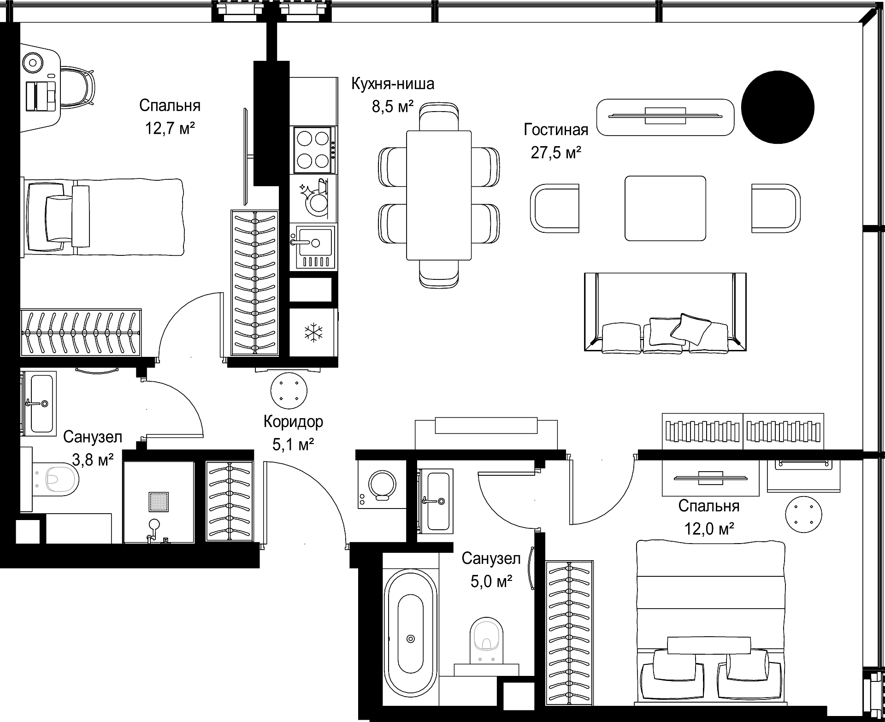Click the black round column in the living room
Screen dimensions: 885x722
[x=778, y=107]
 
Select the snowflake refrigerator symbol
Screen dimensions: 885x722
[x=313, y=332]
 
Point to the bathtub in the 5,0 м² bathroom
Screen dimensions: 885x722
[x=411, y=639]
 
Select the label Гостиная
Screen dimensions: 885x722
[x=556, y=130]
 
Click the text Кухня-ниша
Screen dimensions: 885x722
[x=393, y=84]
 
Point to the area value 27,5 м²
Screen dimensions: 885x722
[x=556, y=152]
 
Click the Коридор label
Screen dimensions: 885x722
[x=294, y=421]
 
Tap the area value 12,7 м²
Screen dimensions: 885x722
[x=170, y=128]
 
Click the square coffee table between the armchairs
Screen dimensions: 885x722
[x=665, y=208]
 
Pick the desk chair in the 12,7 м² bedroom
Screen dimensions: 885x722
[x=77, y=91]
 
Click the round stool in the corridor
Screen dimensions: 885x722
[x=289, y=390]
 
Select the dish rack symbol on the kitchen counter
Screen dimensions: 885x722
[x=313, y=197]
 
